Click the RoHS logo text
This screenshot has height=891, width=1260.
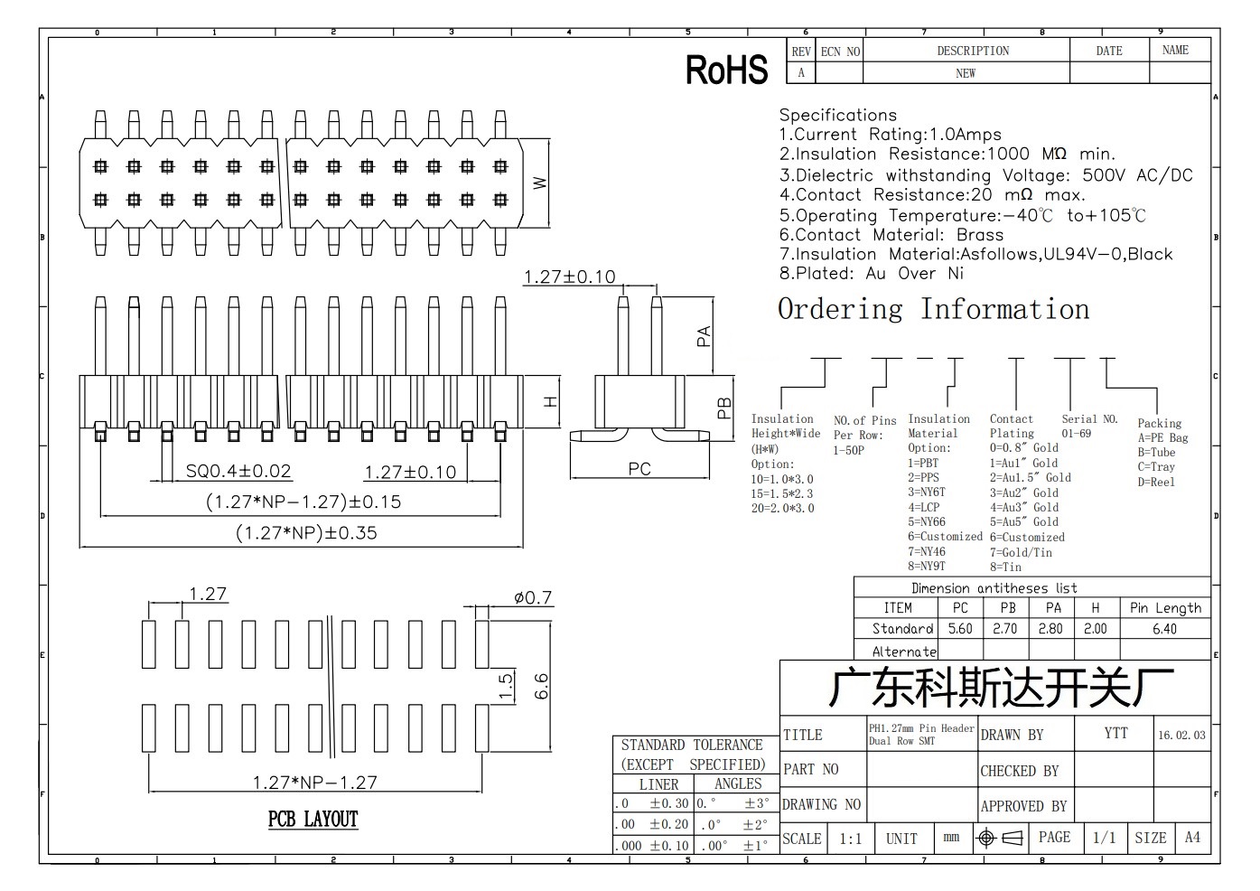pos(727,70)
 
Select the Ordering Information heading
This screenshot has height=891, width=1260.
pos(933,309)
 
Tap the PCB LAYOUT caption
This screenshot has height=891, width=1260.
pos(313,819)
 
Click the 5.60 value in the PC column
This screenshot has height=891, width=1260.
pos(960,629)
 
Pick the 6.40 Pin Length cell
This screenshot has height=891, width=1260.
pos(1164,629)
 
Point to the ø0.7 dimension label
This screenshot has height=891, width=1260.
pos(533,597)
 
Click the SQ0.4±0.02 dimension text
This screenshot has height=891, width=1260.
pos(238,471)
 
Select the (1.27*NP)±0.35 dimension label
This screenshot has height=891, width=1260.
pos(306,532)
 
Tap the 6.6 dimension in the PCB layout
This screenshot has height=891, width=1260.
pos(540,686)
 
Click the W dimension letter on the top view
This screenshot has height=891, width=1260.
pos(539,183)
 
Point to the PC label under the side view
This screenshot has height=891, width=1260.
pos(639,469)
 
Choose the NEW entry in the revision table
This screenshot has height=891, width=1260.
pos(966,73)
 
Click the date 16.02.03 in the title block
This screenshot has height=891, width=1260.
pos(1181,735)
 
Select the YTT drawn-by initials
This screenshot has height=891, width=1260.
pos(1116,733)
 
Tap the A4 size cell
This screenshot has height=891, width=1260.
pos(1192,838)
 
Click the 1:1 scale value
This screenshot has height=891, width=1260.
pos(851,839)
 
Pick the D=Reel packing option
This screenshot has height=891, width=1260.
pos(1156,482)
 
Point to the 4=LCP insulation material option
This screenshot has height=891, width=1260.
pos(924,507)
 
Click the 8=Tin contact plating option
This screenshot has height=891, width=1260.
pos(1006,567)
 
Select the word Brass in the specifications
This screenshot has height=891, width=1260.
pos(980,235)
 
